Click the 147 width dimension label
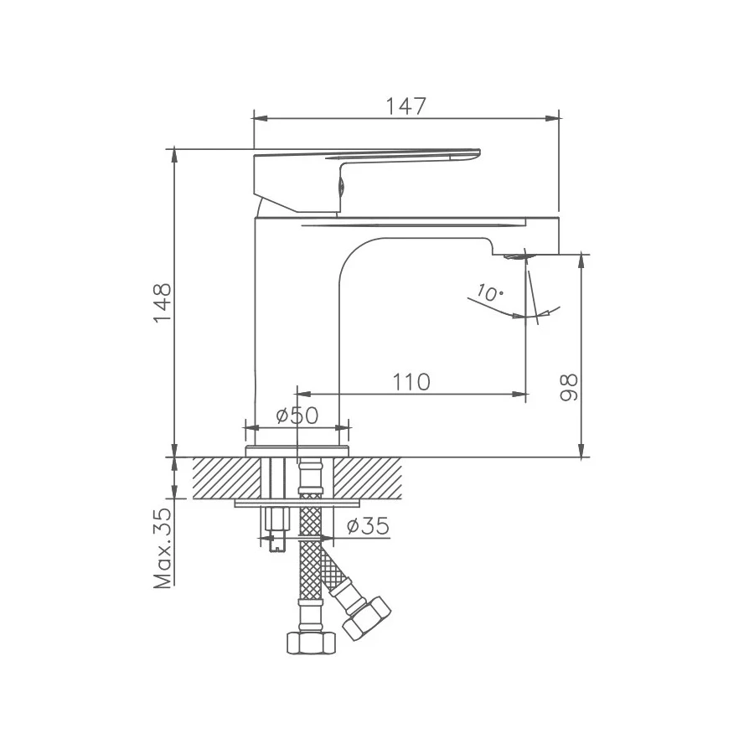tap(406, 106)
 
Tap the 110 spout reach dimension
tap(411, 382)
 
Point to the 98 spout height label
tap(569, 387)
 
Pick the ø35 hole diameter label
tap(367, 526)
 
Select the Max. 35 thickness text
tap(163, 547)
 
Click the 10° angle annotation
tap(488, 293)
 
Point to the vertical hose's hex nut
tap(311, 643)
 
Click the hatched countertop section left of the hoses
tap(226, 479)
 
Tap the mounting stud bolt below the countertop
tap(275, 528)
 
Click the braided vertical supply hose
tap(311, 570)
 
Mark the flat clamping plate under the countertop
tap(297, 503)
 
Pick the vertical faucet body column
tap(293, 335)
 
